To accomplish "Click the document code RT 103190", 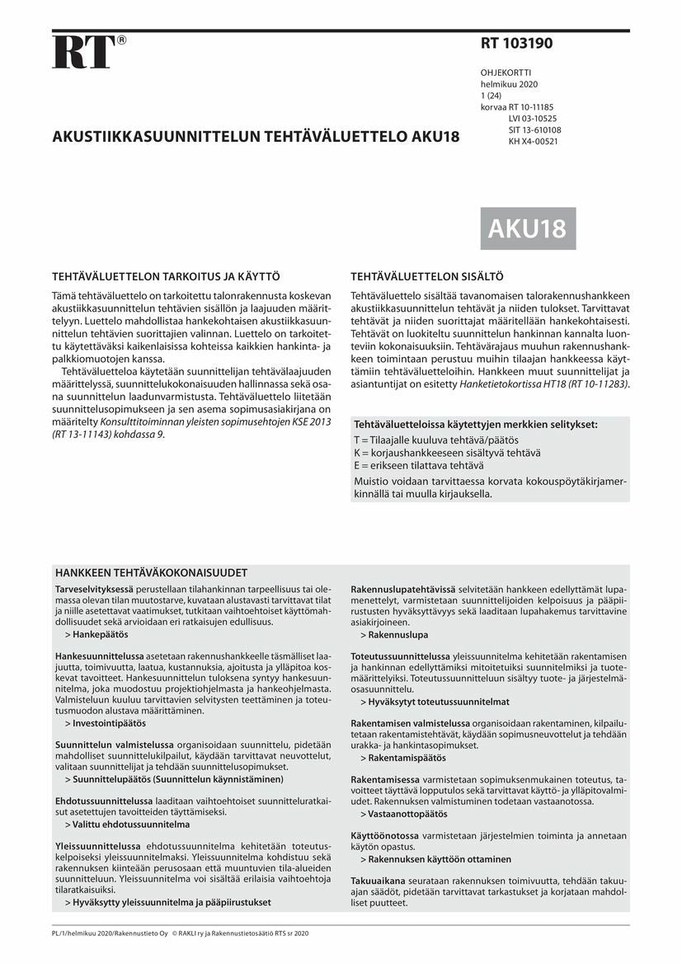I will (x=517, y=44).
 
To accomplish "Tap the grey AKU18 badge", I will (x=528, y=228).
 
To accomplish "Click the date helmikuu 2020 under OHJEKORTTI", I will (x=509, y=85).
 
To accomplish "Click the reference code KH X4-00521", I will (x=534, y=141).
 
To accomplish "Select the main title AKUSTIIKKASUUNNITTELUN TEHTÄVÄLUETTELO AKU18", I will (x=256, y=137).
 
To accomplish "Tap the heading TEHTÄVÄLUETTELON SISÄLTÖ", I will (x=426, y=277).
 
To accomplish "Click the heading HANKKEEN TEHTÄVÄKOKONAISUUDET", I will (x=151, y=572).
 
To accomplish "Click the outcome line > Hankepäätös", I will (x=96, y=636).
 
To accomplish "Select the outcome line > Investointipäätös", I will (x=105, y=723).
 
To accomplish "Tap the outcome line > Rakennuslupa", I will (x=393, y=636).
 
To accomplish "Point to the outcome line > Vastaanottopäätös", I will (x=403, y=814).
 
